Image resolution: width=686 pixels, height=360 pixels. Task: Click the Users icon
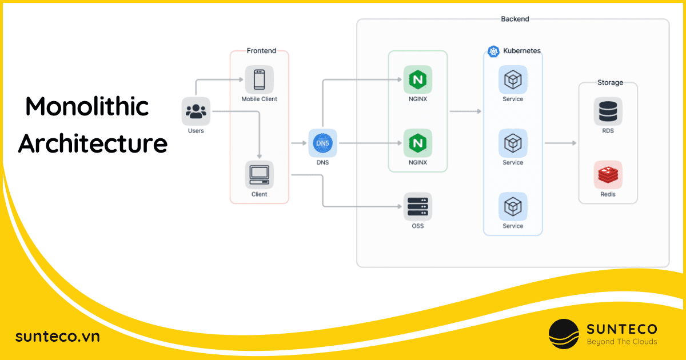(196, 111)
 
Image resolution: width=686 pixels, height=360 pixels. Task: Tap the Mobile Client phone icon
(259, 79)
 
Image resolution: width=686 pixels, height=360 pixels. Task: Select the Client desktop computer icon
(259, 175)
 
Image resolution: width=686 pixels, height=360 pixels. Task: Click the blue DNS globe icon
(323, 143)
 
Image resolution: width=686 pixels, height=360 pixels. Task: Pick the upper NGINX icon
(418, 79)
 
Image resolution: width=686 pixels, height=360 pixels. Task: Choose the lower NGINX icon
(418, 143)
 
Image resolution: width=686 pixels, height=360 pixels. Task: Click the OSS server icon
(418, 206)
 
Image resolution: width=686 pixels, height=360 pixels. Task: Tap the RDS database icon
(608, 111)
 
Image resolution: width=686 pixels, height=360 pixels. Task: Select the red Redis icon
(608, 175)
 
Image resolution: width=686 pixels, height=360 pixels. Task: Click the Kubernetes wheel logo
(494, 51)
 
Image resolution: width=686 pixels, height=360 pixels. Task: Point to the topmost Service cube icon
(513, 79)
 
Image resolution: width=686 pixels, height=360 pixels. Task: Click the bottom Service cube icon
(513, 206)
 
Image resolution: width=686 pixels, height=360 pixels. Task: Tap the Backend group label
(514, 19)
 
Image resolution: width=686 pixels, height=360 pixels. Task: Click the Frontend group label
(261, 51)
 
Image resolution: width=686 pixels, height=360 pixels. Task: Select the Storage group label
(610, 83)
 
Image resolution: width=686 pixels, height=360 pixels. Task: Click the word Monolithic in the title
(87, 107)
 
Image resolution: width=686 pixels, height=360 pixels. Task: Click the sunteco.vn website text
(57, 337)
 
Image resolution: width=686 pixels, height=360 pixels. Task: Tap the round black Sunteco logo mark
(564, 334)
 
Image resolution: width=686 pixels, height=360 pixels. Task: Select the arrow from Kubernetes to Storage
(560, 143)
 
